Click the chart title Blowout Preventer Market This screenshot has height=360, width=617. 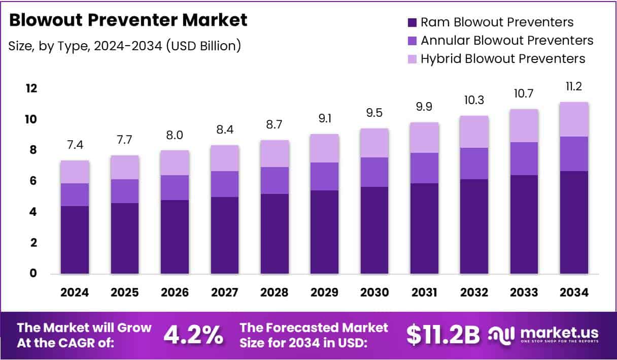128,20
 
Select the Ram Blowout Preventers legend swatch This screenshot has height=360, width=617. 412,22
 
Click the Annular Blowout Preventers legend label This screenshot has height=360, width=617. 507,41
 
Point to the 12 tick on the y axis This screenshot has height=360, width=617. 31,89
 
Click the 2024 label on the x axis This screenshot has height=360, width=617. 75,292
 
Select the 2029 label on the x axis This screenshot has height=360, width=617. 324,292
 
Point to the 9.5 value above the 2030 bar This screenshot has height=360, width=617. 374,113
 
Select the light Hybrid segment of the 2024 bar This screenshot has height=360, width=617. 75,172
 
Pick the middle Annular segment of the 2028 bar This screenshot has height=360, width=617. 275,180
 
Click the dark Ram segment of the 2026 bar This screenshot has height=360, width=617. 175,237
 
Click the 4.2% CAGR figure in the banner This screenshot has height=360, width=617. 193,334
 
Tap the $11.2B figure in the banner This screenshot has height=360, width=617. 443,334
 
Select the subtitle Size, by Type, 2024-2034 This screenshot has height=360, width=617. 124,46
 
